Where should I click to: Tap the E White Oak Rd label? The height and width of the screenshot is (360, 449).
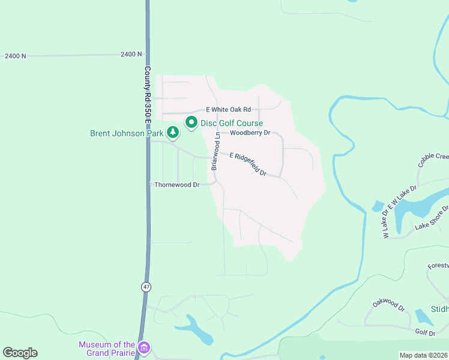pos(228,110)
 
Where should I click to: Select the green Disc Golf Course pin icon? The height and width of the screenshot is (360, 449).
pos(191,122)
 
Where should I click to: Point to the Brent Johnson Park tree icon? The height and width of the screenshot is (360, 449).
pos(173,131)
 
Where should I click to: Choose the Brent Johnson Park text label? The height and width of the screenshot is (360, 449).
pos(126,133)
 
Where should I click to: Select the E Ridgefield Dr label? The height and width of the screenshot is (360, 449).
pos(248,163)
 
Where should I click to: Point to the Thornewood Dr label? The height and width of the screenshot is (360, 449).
pos(176,185)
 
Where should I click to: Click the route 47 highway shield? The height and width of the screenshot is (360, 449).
pos(146,287)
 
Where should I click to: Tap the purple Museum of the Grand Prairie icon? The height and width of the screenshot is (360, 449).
pos(143,347)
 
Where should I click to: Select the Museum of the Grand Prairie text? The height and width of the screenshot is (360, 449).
pos(107,348)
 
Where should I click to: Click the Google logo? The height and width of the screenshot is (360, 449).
pos(20,352)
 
